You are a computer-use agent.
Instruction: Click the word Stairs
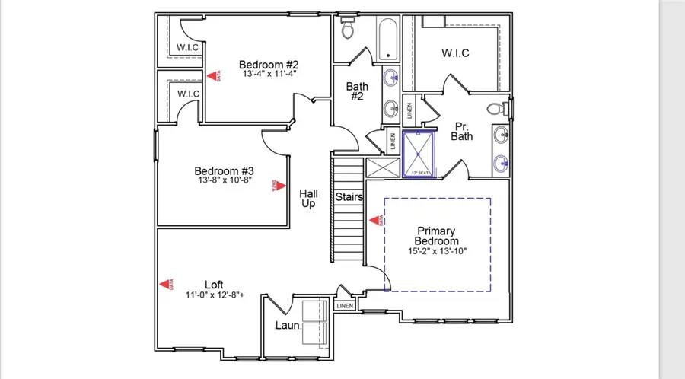pos(349,197)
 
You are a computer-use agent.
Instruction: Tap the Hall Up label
pos(308,200)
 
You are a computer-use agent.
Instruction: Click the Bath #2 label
pos(358,92)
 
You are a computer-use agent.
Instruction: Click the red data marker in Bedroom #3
pos(280,184)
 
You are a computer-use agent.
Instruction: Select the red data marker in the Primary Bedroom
pos(375,220)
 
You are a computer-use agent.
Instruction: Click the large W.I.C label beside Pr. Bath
pos(455,53)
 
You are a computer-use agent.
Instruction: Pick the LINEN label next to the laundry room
pos(345,306)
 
